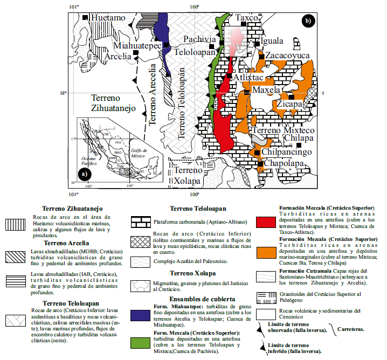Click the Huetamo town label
tap(107, 18)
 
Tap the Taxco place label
tap(246, 18)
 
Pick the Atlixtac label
tap(248, 78)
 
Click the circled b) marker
tap(308, 22)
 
